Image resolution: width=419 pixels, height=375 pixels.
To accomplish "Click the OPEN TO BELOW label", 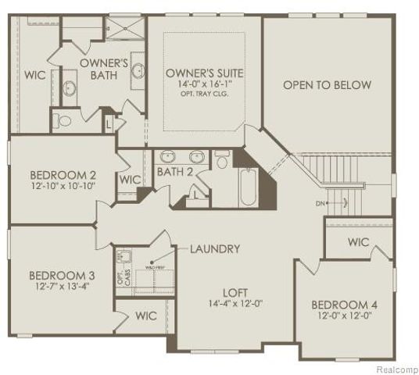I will tap(327, 84).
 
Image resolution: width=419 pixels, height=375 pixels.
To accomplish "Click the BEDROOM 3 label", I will tap(62, 275).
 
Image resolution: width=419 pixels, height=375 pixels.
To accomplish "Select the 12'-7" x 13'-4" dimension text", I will tap(62, 287).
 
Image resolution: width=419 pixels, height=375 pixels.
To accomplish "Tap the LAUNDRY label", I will tap(213, 249).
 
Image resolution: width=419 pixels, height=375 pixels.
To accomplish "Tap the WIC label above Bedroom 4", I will tap(358, 242).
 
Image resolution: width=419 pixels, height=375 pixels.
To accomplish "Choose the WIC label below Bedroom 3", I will tap(146, 316).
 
